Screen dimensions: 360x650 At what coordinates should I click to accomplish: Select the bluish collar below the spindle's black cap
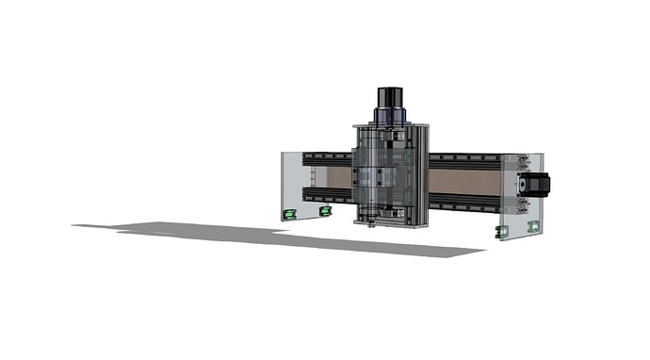pos(391,115)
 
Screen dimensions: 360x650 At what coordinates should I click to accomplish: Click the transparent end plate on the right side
pos(517,194)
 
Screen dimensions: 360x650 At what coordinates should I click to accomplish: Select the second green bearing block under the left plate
pos(326,211)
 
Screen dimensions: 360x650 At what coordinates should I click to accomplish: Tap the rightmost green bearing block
pos(535,225)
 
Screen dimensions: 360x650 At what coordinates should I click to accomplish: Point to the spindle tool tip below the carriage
pos(373,224)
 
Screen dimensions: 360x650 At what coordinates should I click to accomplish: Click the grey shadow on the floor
pos(283,236)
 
